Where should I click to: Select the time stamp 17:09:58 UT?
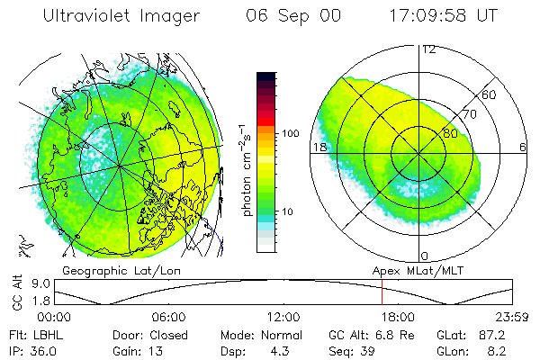tap(441, 16)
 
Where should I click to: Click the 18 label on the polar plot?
tap(318, 147)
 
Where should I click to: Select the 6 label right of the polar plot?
tap(523, 147)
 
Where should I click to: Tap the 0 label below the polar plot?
tap(425, 256)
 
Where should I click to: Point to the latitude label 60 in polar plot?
tap(490, 94)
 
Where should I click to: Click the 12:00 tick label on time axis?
tap(283, 317)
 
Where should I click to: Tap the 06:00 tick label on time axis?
tap(168, 317)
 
